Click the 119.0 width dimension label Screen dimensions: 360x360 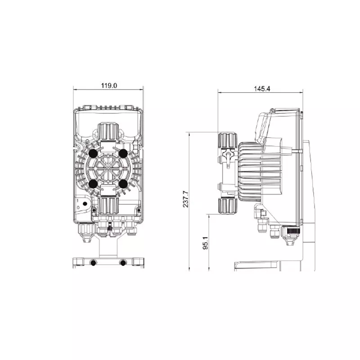pyautogui.click(x=109, y=85)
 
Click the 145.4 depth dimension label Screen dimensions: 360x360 pyautogui.click(x=262, y=89)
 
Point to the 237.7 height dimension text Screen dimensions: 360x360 pyautogui.click(x=185, y=199)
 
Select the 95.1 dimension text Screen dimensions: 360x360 pyautogui.click(x=206, y=243)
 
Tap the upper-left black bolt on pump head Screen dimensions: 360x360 pyautogui.click(x=93, y=153)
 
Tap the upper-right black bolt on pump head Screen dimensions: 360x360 pyautogui.click(x=123, y=153)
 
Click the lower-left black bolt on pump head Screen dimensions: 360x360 pyautogui.click(x=93, y=184)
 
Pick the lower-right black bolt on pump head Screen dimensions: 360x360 pyautogui.click(x=123, y=184)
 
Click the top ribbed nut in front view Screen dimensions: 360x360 pyautogui.click(x=108, y=131)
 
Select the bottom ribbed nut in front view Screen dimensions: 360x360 pyautogui.click(x=108, y=206)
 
